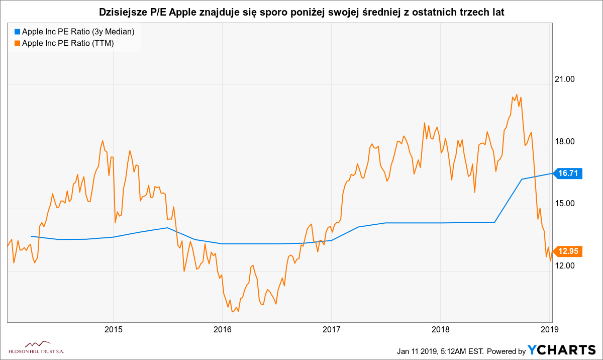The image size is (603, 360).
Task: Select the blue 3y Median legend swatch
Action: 17,32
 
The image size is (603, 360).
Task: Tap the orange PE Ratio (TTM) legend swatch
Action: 17,43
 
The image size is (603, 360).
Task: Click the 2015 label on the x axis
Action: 113,330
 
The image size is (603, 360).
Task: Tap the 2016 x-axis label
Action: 222,330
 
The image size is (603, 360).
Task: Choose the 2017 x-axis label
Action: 331,330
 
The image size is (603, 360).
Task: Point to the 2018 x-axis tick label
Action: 440,330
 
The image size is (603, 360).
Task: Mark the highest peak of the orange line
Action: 517,94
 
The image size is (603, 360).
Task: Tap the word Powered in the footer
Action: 504,350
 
